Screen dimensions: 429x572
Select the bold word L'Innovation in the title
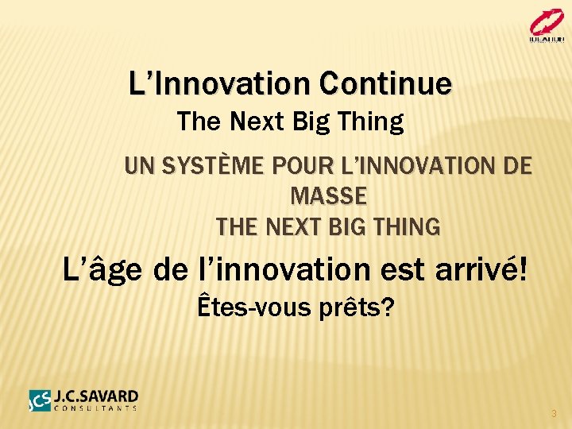(x=220, y=83)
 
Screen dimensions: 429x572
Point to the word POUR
(x=300, y=167)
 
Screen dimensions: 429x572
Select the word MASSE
(x=329, y=195)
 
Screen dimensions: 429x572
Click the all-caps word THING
(x=409, y=227)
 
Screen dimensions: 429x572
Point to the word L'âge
(x=102, y=269)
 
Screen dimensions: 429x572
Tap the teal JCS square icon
(x=40, y=400)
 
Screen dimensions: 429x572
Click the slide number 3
(x=554, y=414)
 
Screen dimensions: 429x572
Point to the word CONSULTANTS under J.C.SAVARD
(x=96, y=408)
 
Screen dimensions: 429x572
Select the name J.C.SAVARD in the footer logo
(x=96, y=396)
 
